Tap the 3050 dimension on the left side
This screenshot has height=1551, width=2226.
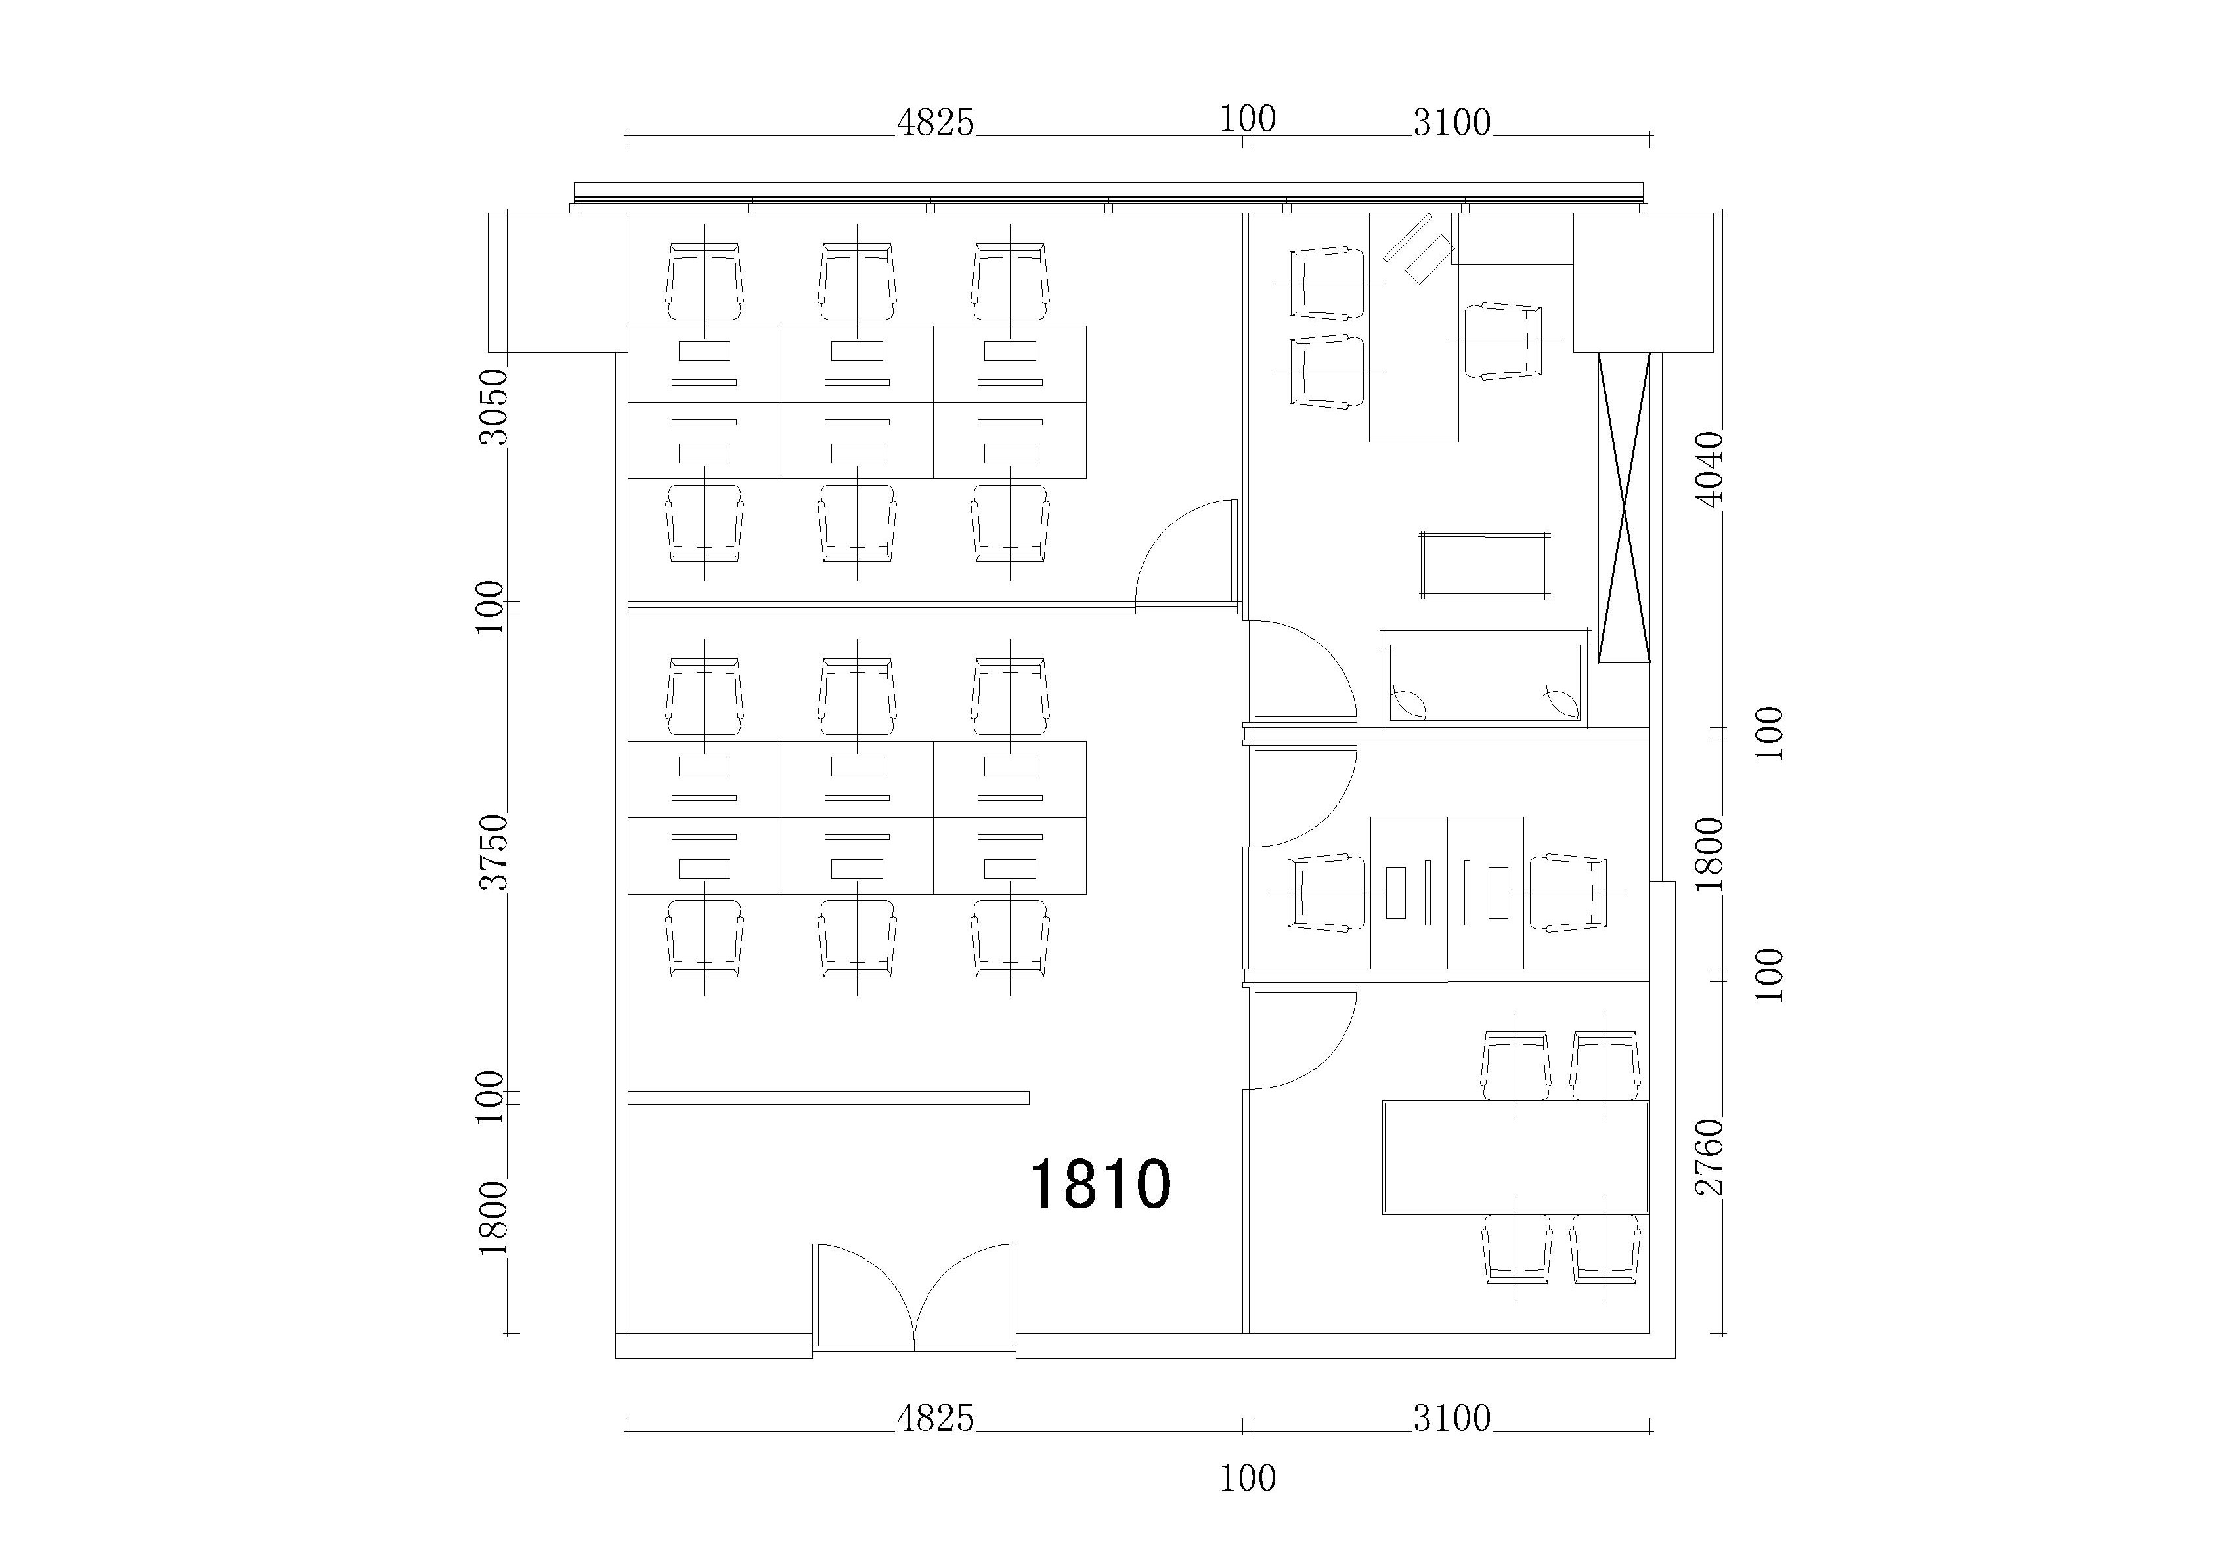click(494, 406)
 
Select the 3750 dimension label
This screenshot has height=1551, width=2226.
click(494, 851)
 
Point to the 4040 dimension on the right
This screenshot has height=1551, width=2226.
click(1711, 468)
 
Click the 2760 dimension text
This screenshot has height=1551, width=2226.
click(1711, 1157)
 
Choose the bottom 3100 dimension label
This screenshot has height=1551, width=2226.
click(1451, 1418)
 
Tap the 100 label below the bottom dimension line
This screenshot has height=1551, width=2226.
click(1248, 1478)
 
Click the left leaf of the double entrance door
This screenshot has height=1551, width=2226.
click(863, 1296)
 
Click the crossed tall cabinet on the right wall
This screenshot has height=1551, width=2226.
click(1624, 507)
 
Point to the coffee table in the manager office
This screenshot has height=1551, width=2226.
click(1484, 565)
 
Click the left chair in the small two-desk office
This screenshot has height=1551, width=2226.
click(1319, 893)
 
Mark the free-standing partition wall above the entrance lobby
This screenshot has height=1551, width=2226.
click(828, 1097)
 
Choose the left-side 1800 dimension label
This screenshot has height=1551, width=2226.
click(494, 1218)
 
